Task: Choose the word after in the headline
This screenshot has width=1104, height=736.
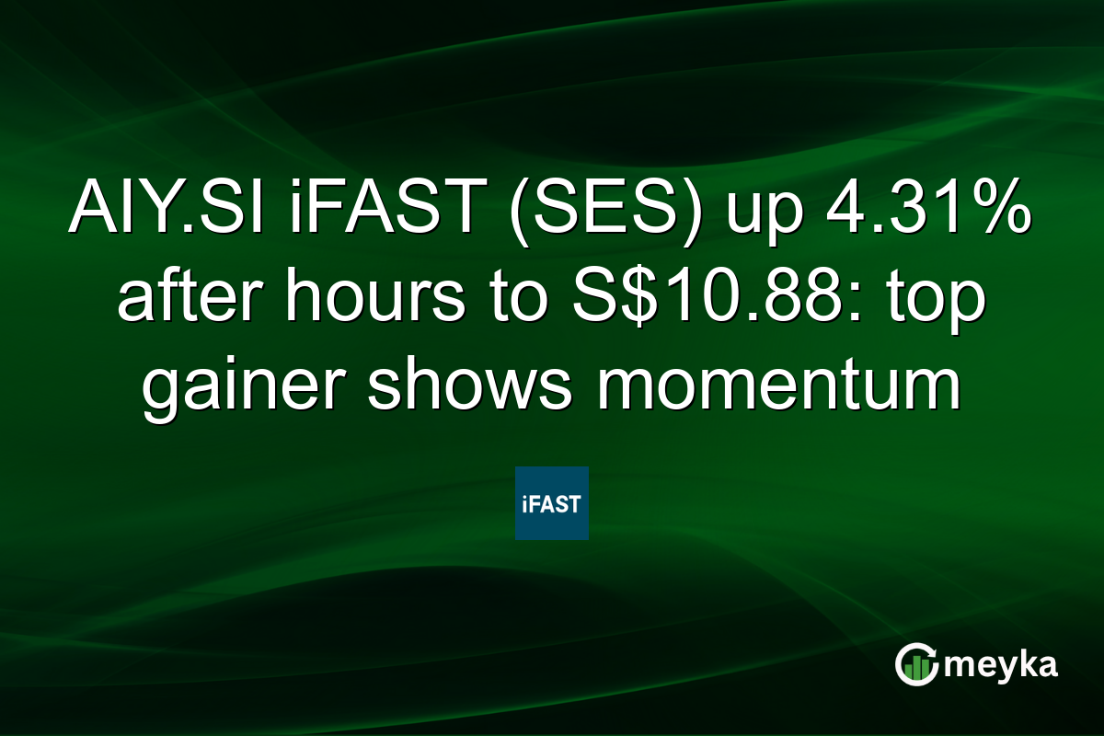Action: point(188,303)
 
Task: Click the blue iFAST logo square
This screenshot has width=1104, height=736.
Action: point(551,502)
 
